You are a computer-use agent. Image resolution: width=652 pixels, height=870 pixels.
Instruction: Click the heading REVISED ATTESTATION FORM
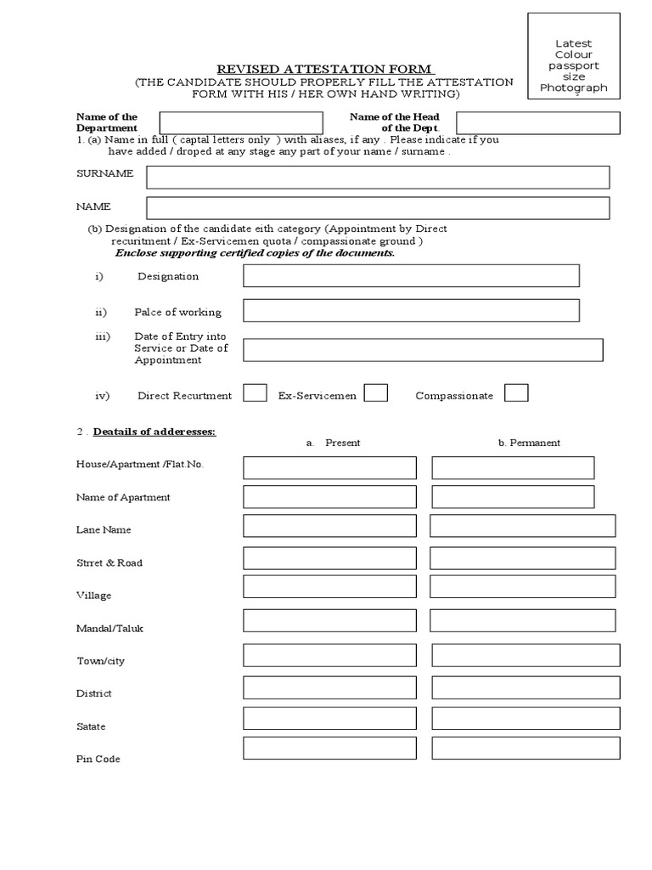[x=326, y=68]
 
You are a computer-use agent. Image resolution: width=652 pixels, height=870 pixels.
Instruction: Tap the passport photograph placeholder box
[x=574, y=56]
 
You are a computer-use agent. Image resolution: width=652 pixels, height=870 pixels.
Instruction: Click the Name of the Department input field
[x=241, y=123]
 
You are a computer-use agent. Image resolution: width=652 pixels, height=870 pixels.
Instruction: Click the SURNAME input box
[x=378, y=177]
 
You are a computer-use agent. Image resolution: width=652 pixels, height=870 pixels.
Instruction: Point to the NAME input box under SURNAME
[x=378, y=208]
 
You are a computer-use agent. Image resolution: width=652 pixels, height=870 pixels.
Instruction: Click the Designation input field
[x=411, y=276]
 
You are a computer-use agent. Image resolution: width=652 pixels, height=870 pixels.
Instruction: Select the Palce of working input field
[x=411, y=311]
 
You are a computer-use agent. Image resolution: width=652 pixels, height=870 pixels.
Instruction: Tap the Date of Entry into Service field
[x=423, y=350]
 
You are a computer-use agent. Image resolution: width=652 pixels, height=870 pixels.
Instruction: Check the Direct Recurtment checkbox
[x=255, y=393]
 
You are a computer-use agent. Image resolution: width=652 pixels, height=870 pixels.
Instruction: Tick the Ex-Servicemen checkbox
[x=376, y=393]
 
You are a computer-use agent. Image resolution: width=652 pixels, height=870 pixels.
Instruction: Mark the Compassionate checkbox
[x=516, y=393]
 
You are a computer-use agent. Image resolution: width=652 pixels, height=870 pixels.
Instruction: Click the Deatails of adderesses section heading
[x=155, y=432]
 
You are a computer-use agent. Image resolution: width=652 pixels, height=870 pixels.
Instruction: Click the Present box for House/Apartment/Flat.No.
[x=329, y=467]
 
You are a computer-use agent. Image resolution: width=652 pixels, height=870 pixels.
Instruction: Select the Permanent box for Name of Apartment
[x=513, y=496]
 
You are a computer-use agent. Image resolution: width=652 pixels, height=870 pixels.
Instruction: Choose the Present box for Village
[x=329, y=586]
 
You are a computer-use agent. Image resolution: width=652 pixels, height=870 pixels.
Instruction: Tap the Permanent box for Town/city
[x=526, y=655]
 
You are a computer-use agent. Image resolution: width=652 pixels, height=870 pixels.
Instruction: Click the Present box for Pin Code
[x=329, y=748]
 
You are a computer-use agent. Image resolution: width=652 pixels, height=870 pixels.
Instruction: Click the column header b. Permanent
[x=529, y=443]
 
